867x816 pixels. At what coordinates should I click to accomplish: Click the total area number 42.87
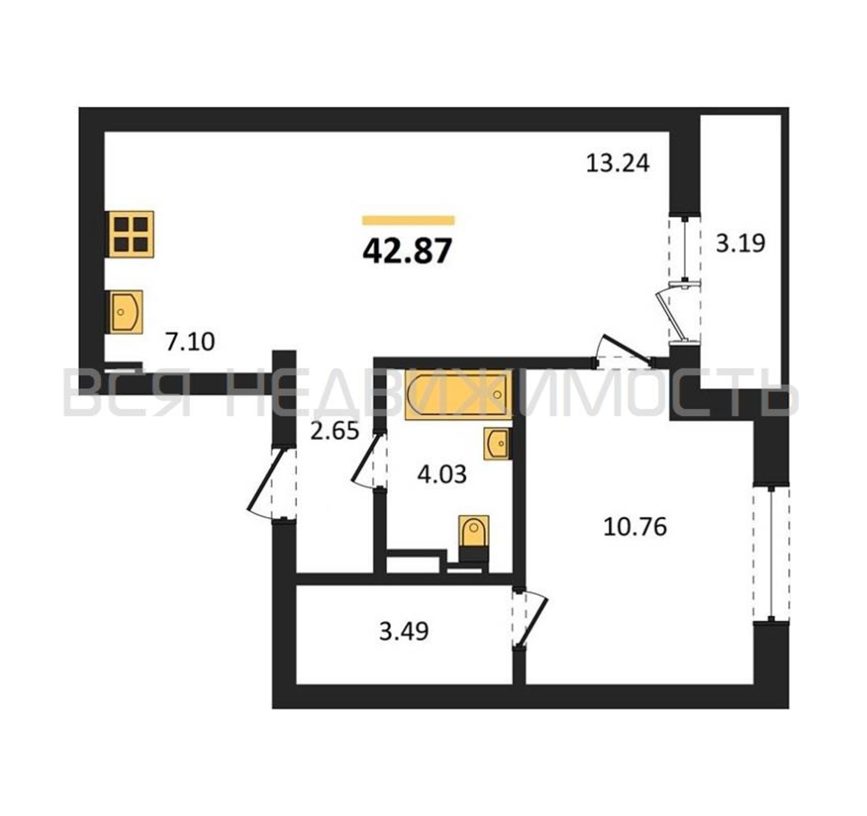[406, 252]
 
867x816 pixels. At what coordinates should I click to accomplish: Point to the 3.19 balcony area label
[741, 243]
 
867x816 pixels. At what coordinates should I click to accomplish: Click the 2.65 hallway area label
[335, 431]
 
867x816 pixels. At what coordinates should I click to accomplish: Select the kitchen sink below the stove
[126, 311]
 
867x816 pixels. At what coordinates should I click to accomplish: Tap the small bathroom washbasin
[497, 443]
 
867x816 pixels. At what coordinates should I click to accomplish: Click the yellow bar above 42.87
[408, 220]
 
